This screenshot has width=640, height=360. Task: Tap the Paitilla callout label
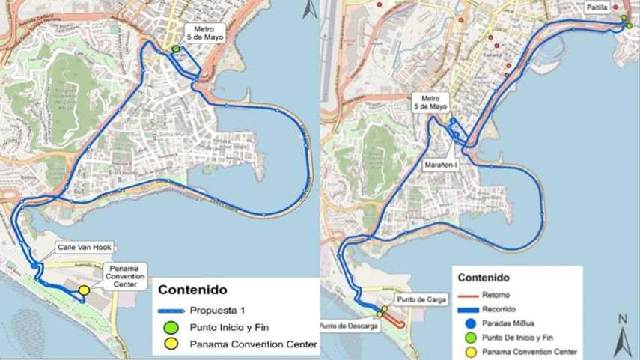pos(597,7)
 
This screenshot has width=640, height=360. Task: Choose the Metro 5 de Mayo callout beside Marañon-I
pos(430,102)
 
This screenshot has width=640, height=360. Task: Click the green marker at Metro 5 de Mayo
pos(176,49)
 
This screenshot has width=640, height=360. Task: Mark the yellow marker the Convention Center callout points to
pos(84,290)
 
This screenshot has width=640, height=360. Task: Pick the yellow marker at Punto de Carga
pos(384,309)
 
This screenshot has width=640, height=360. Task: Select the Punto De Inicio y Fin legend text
pos(522,338)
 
